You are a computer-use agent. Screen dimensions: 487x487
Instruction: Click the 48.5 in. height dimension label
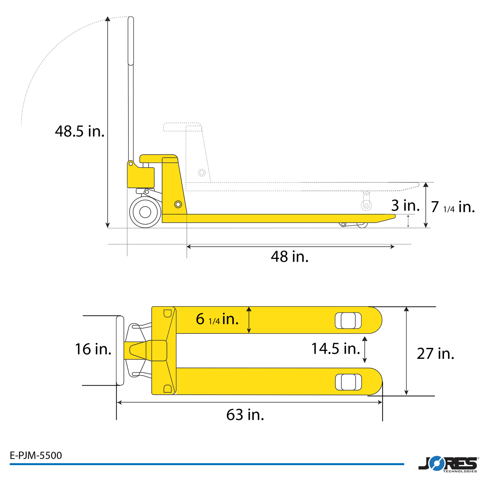(80, 131)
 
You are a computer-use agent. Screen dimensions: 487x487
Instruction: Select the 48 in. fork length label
(289, 257)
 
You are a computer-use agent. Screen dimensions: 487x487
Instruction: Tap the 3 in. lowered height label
(405, 205)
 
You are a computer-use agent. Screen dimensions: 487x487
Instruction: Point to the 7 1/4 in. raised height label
(453, 207)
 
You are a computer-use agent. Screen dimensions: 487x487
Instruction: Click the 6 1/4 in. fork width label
(217, 319)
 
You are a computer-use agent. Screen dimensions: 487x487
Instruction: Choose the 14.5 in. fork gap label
(336, 349)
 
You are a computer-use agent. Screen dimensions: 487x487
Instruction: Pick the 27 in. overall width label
(436, 354)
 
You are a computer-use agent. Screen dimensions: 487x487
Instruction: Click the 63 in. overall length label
(245, 415)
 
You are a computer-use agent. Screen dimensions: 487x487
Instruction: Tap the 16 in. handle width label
(93, 349)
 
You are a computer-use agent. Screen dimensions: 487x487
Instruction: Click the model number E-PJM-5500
(36, 455)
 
